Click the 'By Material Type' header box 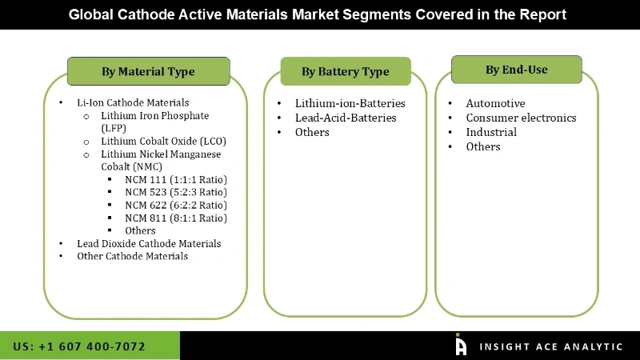pyautogui.click(x=148, y=71)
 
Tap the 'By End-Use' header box pyautogui.click(x=516, y=70)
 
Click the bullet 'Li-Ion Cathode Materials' pyautogui.click(x=133, y=102)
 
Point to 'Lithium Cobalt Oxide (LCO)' pyautogui.click(x=163, y=141)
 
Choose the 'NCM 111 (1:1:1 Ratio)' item pyautogui.click(x=176, y=179)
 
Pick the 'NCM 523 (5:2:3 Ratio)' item pyautogui.click(x=176, y=192)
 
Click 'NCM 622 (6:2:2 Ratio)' pyautogui.click(x=176, y=205)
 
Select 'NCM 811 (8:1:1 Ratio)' pyautogui.click(x=176, y=218)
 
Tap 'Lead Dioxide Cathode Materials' pyautogui.click(x=149, y=243)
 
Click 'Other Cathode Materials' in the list pyautogui.click(x=133, y=256)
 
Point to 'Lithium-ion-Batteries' pyautogui.click(x=350, y=103)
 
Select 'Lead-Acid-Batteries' pyautogui.click(x=346, y=118)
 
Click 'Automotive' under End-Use pyautogui.click(x=495, y=103)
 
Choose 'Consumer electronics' pyautogui.click(x=521, y=118)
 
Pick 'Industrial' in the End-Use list pyautogui.click(x=491, y=132)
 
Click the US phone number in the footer pyautogui.click(x=79, y=346)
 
